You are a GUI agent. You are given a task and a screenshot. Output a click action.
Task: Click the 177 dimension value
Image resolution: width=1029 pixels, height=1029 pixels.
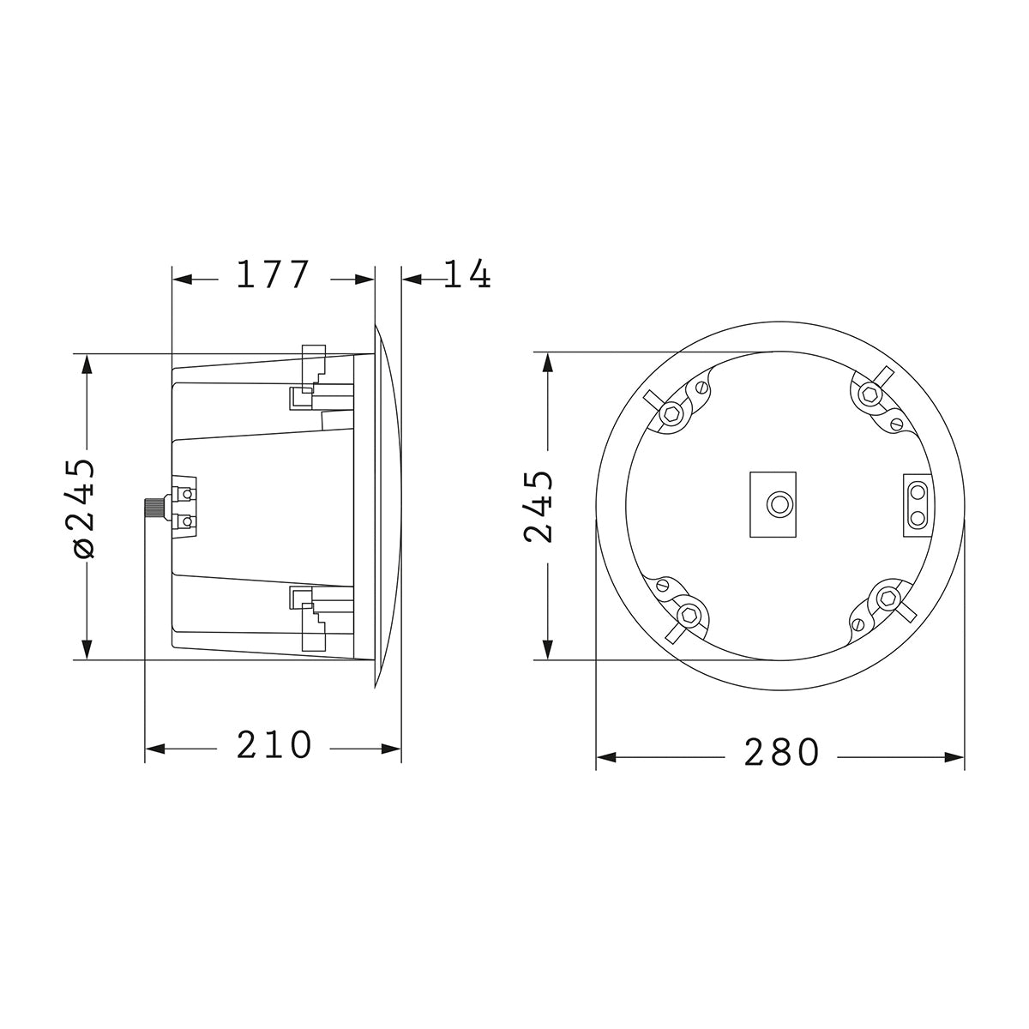pyautogui.click(x=272, y=275)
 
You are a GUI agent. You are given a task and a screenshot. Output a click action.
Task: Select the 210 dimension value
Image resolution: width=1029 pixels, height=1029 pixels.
pyautogui.click(x=274, y=746)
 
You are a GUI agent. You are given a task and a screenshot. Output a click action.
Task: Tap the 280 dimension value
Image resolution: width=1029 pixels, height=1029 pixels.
pyautogui.click(x=781, y=754)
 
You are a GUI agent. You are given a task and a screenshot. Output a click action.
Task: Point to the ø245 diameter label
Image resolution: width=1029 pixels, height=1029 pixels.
pyautogui.click(x=85, y=508)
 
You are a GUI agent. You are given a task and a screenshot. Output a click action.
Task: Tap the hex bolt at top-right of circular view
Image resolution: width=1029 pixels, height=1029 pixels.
pyautogui.click(x=871, y=394)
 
